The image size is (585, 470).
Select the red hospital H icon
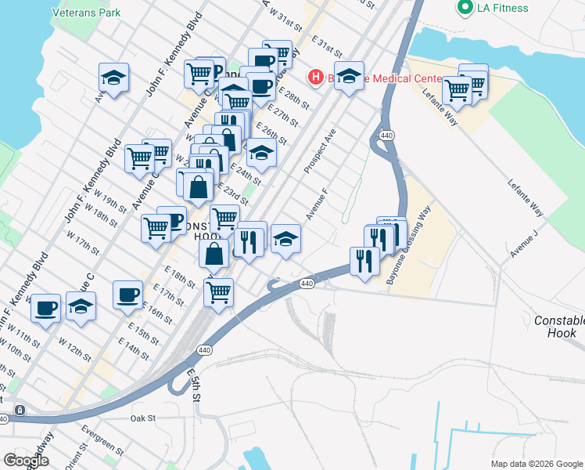[x=316, y=77]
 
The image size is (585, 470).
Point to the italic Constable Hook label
[x=559, y=327]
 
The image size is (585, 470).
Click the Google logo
[x=25, y=460]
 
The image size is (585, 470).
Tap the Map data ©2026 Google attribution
[x=536, y=463]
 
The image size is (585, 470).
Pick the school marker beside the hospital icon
[x=349, y=76]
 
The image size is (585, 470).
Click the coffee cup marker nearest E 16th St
[x=127, y=295]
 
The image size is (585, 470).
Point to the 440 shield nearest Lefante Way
[x=386, y=136]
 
